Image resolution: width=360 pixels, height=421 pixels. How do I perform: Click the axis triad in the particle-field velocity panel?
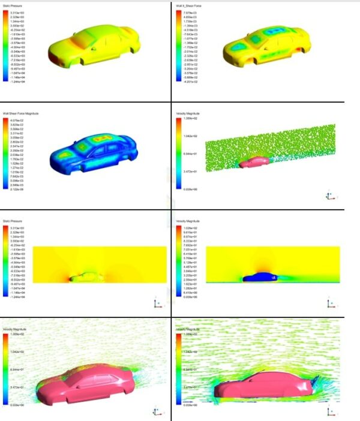coord(328,195)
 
